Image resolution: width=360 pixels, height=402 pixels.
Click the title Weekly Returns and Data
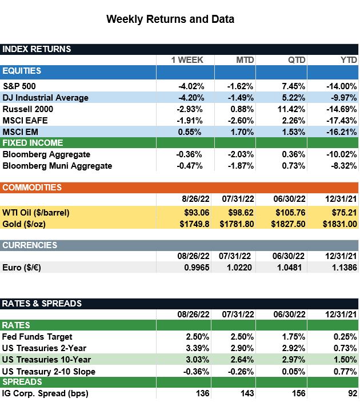[170, 19]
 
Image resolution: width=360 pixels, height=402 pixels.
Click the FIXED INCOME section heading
[33, 143]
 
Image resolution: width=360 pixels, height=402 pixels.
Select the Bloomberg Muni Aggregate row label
[57, 166]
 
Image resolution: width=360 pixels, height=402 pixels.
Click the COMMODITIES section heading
[32, 188]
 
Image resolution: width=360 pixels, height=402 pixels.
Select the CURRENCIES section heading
[30, 245]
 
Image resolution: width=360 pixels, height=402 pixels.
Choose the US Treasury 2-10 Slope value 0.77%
[344, 371]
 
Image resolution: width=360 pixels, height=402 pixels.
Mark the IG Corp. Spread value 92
[351, 393]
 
